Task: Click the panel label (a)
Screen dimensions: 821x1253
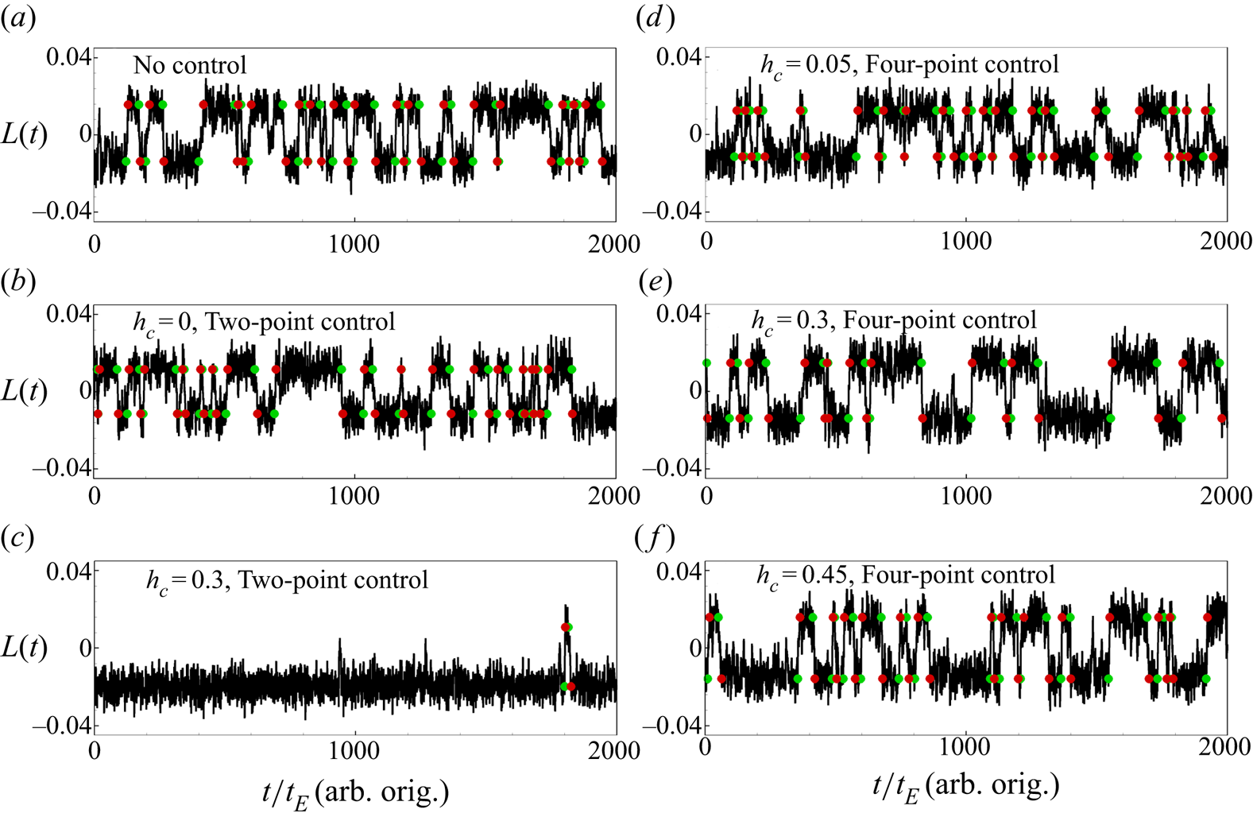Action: [18, 18]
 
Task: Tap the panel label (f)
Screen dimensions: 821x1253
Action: [655, 538]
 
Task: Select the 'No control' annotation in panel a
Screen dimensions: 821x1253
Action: [190, 65]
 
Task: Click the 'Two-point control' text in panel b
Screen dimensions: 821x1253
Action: [300, 322]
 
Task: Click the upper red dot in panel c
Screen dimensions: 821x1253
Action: [565, 627]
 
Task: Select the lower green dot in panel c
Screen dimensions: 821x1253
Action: [563, 686]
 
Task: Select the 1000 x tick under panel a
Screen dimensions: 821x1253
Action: [354, 243]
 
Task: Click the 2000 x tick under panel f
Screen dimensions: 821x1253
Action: [1225, 747]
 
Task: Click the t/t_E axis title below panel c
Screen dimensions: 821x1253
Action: [355, 792]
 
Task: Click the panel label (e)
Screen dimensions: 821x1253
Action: [655, 281]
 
